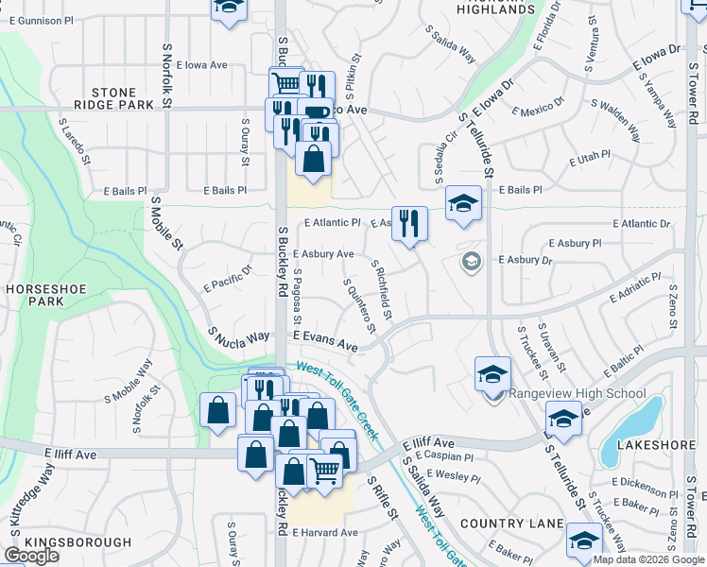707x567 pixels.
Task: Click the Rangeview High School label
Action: point(578,394)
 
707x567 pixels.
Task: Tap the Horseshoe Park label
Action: point(32,293)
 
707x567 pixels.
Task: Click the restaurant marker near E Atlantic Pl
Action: point(409,225)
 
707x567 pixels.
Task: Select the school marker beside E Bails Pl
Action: point(463,203)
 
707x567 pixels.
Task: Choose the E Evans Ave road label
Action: point(324,341)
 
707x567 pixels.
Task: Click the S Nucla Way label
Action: point(239,336)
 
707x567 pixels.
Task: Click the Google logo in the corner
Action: point(31,556)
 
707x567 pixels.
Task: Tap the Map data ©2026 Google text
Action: point(649,559)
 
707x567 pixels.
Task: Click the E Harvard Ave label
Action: point(324,532)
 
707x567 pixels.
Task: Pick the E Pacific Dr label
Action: point(228,278)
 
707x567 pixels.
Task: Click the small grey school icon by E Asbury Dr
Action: point(471,260)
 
